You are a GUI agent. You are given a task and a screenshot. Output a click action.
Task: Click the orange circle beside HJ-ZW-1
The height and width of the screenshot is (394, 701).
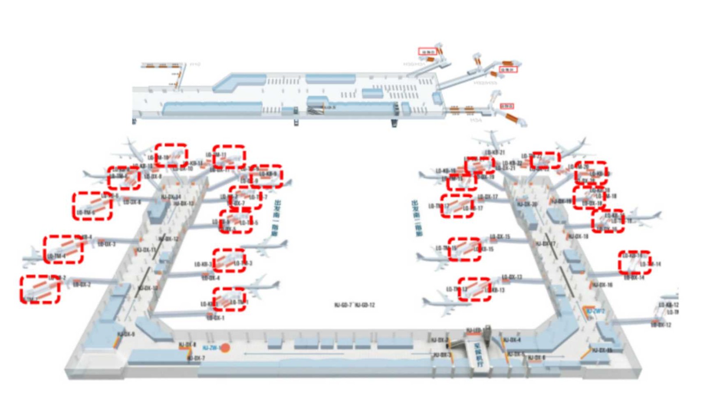225,348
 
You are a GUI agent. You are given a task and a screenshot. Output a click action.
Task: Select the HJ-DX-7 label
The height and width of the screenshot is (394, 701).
196,358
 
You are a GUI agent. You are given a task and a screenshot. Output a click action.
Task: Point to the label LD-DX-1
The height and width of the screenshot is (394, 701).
215,318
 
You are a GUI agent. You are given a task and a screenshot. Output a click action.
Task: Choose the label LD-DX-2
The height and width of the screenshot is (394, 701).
82,285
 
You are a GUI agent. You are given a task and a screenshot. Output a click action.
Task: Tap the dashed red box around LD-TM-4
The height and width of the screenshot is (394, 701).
63,250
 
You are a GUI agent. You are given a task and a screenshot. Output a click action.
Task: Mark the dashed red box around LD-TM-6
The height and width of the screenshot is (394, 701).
92,206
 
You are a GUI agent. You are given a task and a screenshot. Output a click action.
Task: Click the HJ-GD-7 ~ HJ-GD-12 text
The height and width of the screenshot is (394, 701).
354,305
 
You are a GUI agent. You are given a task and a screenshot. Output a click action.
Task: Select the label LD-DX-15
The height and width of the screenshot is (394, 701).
500,237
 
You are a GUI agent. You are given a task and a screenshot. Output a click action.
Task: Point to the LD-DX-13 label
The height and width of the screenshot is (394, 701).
512,277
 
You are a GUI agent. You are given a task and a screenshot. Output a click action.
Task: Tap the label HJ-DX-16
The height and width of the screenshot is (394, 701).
602,285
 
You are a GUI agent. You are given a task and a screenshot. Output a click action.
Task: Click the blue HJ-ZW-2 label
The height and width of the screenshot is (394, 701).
595,311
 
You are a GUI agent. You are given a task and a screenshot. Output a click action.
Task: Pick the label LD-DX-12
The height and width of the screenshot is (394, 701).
660,324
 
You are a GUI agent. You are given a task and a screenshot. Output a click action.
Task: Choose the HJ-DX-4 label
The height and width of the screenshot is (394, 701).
511,340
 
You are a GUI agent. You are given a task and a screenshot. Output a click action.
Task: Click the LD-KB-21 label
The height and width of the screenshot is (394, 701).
495,152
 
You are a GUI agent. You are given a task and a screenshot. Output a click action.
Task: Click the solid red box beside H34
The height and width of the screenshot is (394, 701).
506,106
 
